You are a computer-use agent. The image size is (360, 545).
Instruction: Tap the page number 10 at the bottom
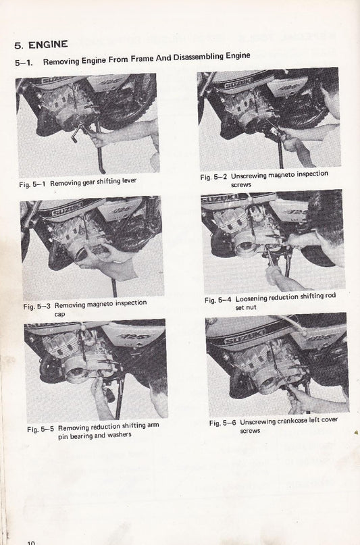31,541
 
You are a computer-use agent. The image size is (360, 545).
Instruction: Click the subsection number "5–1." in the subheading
25,62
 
